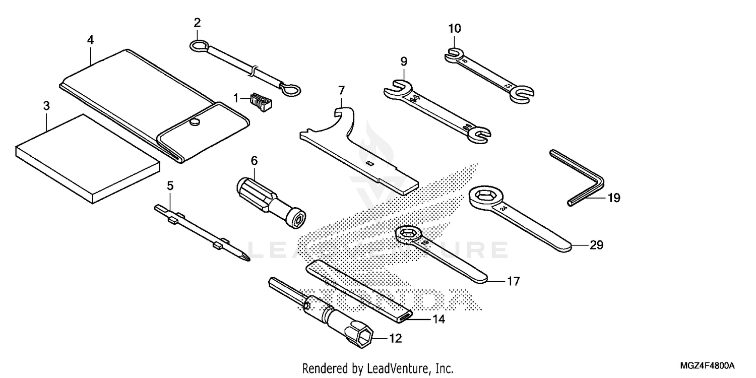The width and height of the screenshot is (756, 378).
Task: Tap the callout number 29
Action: point(596,245)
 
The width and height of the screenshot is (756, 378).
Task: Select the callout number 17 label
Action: point(513,281)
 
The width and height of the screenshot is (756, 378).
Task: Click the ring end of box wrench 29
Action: point(486,197)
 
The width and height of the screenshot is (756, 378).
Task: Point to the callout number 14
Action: point(438,319)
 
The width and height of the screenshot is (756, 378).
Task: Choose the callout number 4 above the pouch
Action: point(90,40)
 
